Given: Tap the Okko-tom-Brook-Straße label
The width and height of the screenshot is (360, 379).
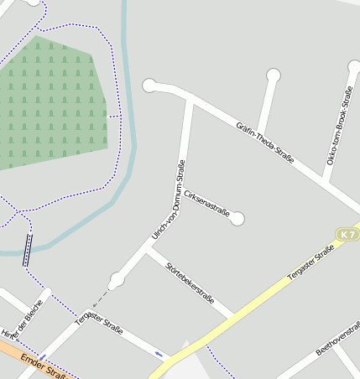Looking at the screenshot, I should [x=338, y=125].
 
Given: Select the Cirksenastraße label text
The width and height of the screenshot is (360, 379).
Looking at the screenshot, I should [x=206, y=202].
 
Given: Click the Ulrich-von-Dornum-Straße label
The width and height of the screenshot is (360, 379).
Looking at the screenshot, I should [x=169, y=200].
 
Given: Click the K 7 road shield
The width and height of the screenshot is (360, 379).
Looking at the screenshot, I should [x=347, y=234].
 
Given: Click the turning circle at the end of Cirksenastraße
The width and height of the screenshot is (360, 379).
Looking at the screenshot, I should [x=237, y=219].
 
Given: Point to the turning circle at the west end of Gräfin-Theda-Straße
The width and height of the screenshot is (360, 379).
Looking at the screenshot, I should [x=149, y=85].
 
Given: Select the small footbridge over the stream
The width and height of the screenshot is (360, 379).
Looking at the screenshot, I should [x=28, y=250].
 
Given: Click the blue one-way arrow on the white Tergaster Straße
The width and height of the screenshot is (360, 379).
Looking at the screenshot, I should [x=159, y=353].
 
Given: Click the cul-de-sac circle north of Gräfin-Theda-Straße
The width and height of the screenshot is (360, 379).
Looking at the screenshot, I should [x=273, y=75].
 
